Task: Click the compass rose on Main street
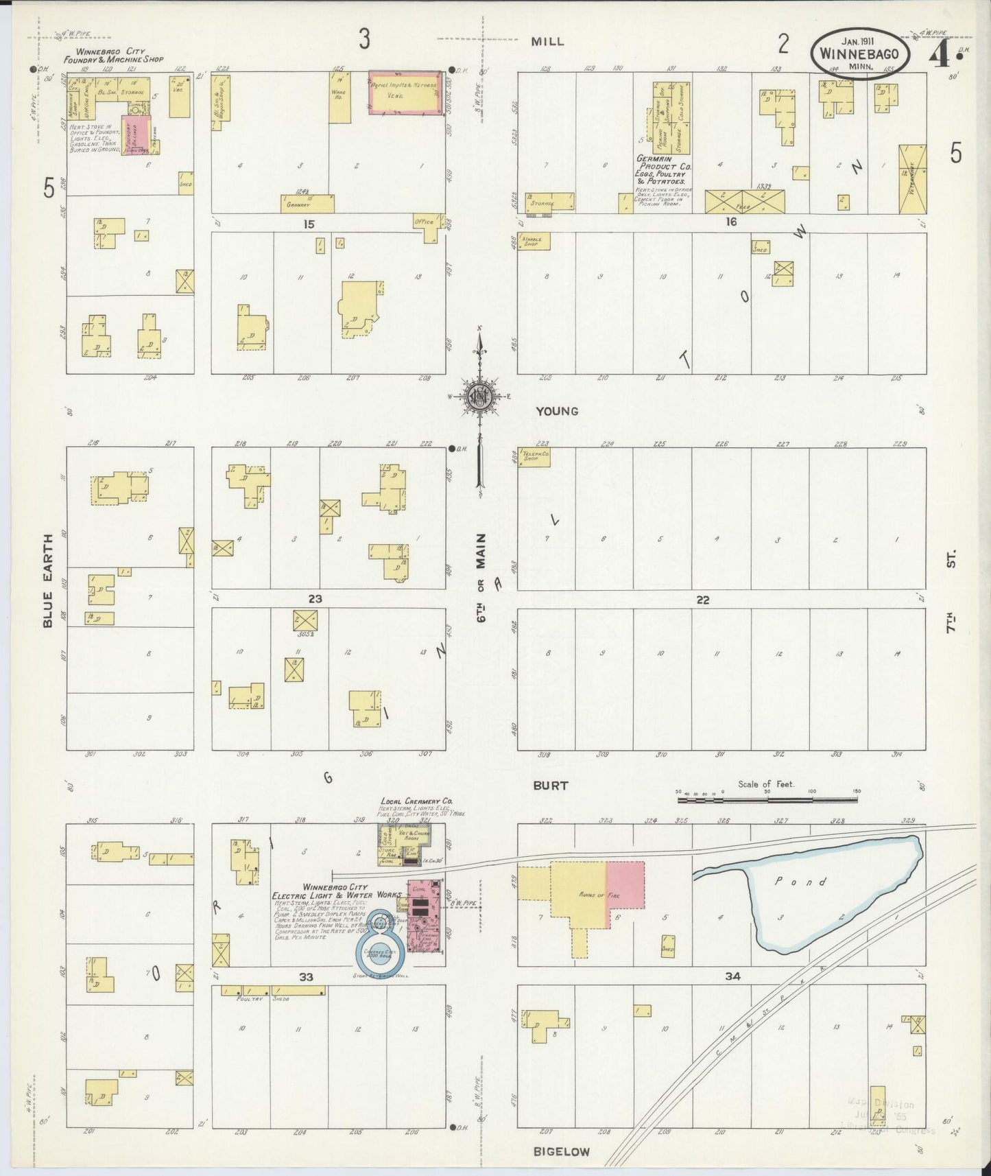tap(479, 397)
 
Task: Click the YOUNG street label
tap(558, 412)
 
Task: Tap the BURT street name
tap(551, 786)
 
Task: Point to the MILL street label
tap(548, 41)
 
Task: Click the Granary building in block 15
tap(307, 204)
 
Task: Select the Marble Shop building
tap(534, 242)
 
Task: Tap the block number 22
tap(703, 600)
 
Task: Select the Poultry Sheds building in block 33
tap(272, 991)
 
